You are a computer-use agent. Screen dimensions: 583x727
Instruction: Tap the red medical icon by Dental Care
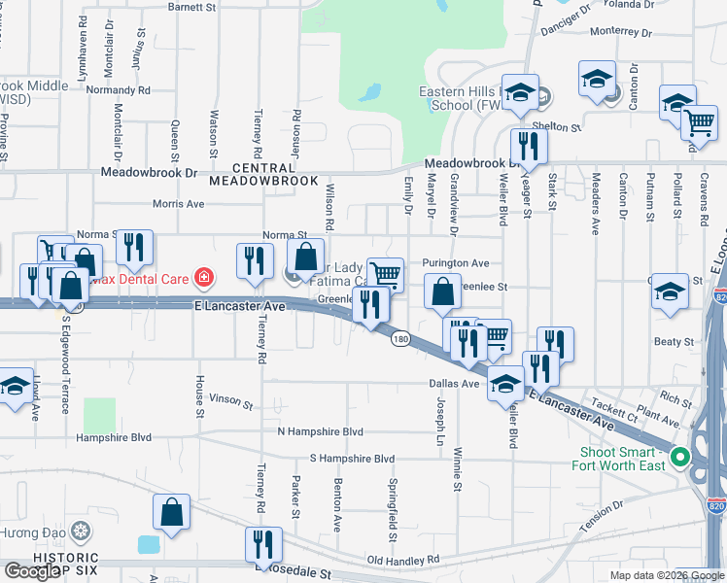pos(203,279)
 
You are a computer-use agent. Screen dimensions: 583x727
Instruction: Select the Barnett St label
pos(192,7)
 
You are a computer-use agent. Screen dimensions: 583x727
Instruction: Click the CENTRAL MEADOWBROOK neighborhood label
pos(263,174)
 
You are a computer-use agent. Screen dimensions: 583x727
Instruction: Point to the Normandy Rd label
pos(118,89)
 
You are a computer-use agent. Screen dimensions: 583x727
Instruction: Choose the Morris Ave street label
pos(179,204)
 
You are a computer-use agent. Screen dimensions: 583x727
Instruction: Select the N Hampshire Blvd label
pos(320,431)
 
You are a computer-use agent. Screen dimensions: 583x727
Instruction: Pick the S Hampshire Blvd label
pos(353,459)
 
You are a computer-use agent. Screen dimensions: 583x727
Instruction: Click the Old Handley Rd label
pos(404,560)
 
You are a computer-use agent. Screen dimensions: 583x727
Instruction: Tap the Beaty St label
pos(675,342)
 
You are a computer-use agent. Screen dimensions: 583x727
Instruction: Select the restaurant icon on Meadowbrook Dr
pos(529,147)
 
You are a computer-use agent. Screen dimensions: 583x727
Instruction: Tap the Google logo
pos(32,571)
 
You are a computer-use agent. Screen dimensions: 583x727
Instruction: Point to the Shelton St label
pos(563,127)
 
